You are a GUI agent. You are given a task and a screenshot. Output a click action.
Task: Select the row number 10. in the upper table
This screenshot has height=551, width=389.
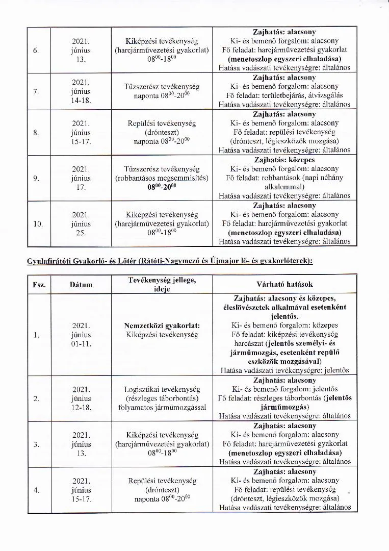tap(38, 223)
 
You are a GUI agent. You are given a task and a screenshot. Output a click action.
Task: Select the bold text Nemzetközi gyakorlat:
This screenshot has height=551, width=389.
tap(162, 325)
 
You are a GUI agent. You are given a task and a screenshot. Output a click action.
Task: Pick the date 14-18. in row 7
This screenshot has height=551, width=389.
tap(81, 101)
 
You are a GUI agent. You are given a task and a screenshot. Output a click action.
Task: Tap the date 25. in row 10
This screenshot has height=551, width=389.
tap(81, 233)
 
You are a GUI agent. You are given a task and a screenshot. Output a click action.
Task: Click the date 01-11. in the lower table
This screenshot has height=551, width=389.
tap(81, 344)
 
